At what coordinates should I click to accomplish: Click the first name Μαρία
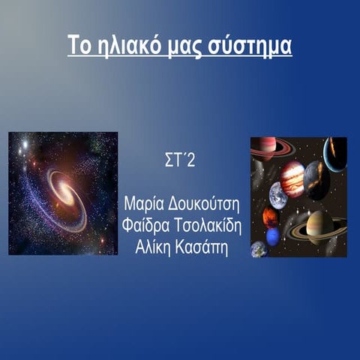(x=146, y=204)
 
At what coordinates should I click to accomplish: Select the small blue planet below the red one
(x=273, y=236)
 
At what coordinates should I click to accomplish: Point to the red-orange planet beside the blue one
(x=270, y=217)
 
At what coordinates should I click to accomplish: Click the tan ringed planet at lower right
(x=319, y=226)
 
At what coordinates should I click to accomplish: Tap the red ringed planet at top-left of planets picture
(x=264, y=146)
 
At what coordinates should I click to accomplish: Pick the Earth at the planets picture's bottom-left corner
(x=258, y=248)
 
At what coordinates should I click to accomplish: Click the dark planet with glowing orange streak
(x=316, y=180)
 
